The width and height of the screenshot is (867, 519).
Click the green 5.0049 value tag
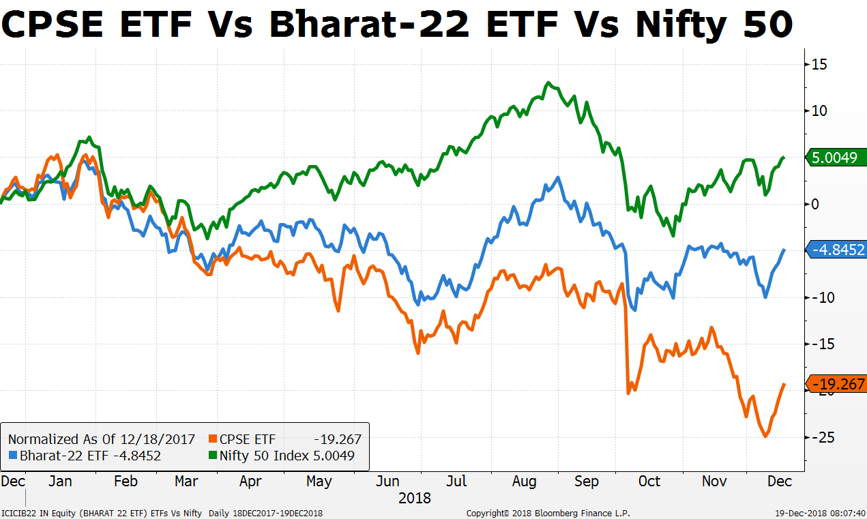(x=835, y=158)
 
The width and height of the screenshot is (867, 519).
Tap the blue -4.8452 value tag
(x=836, y=250)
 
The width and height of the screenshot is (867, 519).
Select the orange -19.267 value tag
(x=836, y=384)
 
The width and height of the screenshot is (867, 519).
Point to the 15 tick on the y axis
(x=818, y=64)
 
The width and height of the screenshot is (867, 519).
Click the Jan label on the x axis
(x=60, y=481)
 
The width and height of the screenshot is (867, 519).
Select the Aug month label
(x=525, y=481)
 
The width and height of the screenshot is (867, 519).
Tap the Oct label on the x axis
(x=649, y=481)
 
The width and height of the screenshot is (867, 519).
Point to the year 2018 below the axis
(x=415, y=497)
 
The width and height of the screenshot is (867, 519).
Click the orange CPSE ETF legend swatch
(x=213, y=439)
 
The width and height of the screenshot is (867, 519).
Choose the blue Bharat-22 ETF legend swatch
(x=14, y=456)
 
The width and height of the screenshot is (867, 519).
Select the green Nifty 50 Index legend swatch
(x=213, y=456)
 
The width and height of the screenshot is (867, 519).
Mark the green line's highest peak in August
(x=548, y=83)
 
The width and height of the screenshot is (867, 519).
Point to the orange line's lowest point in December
(x=766, y=436)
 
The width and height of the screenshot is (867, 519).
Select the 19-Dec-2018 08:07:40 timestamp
(x=821, y=513)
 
